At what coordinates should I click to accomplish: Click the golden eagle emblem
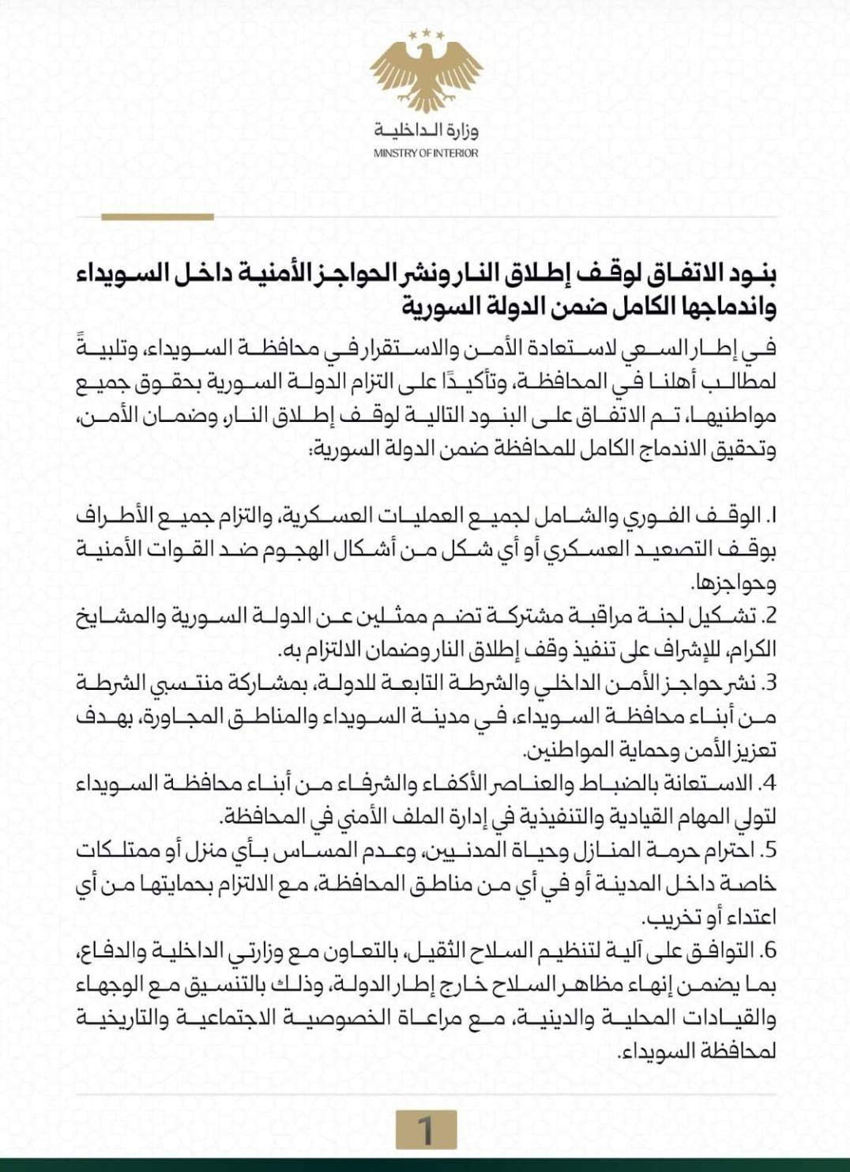point(425,75)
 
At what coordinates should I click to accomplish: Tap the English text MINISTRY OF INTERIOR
point(426,153)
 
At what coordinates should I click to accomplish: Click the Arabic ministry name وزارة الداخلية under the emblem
point(427,130)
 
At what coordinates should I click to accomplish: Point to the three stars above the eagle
point(426,32)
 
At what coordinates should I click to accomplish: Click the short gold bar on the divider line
point(158,217)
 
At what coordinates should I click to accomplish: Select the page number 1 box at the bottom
point(426,1129)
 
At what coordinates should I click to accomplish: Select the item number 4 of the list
point(770,784)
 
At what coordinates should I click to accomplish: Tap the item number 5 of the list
point(771,851)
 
